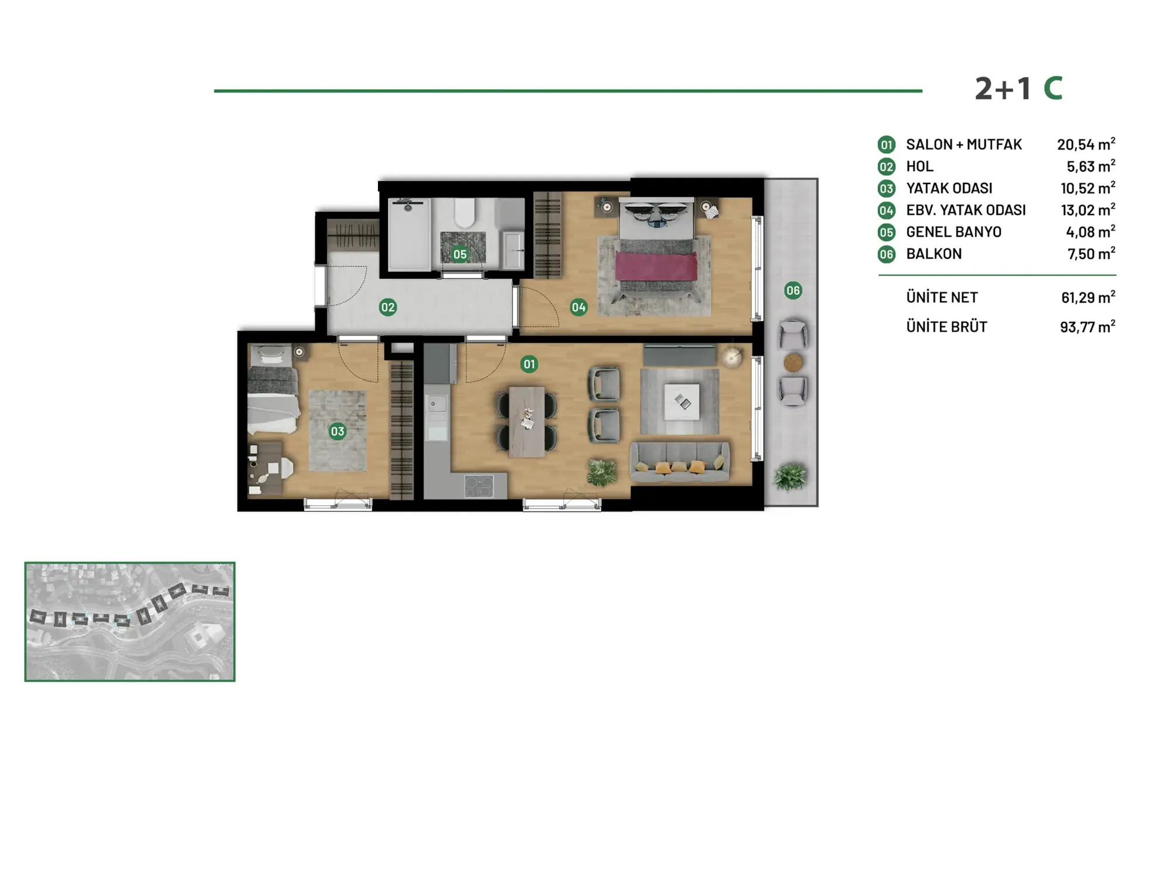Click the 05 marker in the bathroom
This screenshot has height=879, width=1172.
click(x=460, y=254)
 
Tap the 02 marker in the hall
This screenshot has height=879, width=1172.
click(x=388, y=307)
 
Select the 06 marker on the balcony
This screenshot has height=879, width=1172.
click(x=793, y=290)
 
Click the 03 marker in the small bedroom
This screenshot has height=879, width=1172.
click(x=338, y=432)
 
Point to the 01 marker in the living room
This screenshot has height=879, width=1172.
click(x=529, y=364)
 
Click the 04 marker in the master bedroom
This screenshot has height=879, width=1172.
click(x=578, y=307)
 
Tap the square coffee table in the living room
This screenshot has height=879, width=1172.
click(x=682, y=401)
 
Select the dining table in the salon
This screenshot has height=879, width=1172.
click(x=527, y=421)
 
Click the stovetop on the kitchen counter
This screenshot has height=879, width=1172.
click(x=479, y=486)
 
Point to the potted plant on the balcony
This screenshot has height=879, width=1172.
click(x=790, y=477)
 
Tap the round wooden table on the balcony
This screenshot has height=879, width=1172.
click(x=793, y=362)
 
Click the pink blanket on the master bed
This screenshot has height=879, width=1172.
click(x=656, y=267)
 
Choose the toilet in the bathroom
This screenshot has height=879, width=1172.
click(x=465, y=212)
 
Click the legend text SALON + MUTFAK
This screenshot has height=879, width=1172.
click(x=964, y=145)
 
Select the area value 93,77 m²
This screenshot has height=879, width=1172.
click(x=1088, y=326)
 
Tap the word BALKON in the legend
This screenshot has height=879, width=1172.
click(x=934, y=254)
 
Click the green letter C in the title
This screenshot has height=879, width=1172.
click(x=1053, y=89)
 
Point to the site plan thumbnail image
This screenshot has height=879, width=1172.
click(x=130, y=622)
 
